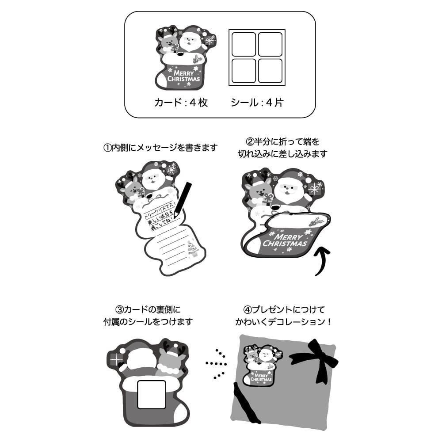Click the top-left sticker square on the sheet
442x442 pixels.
pyautogui.click(x=244, y=44)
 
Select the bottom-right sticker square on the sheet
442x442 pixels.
pyautogui.click(x=270, y=71)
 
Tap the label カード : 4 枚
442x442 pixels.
pyautogui.click(x=181, y=103)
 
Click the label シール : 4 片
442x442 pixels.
pyautogui.click(x=257, y=103)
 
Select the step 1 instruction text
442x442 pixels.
pyautogui.click(x=161, y=148)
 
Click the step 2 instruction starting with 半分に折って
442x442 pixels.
pyautogui.click(x=283, y=148)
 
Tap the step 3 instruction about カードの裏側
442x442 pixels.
pyautogui.click(x=148, y=316)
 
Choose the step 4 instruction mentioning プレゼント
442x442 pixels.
pyautogui.click(x=283, y=316)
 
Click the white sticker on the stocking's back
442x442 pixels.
pyautogui.click(x=152, y=394)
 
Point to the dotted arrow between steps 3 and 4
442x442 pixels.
pyautogui.click(x=217, y=363)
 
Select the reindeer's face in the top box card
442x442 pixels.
pyautogui.click(x=167, y=43)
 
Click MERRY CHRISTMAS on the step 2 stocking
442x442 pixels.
pyautogui.click(x=285, y=240)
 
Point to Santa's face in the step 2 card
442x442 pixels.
pyautogui.click(x=288, y=192)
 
